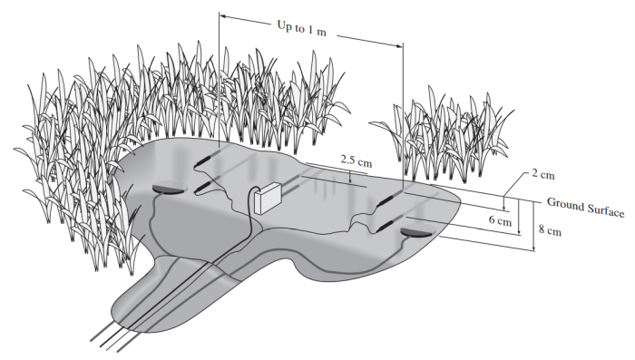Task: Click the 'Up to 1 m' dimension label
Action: [302, 28]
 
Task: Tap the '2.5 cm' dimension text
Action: [356, 161]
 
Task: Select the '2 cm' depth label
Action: [542, 174]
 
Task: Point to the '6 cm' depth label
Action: [500, 220]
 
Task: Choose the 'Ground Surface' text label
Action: [585, 207]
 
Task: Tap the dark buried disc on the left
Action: [170, 189]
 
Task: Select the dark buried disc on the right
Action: [416, 232]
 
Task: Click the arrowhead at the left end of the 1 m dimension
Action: [223, 16]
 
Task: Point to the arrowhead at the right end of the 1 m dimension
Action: [399, 45]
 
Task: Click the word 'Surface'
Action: [605, 209]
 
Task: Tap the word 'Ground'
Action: [564, 204]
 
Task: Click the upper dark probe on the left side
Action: [207, 161]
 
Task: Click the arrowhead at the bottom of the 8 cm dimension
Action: [534, 248]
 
